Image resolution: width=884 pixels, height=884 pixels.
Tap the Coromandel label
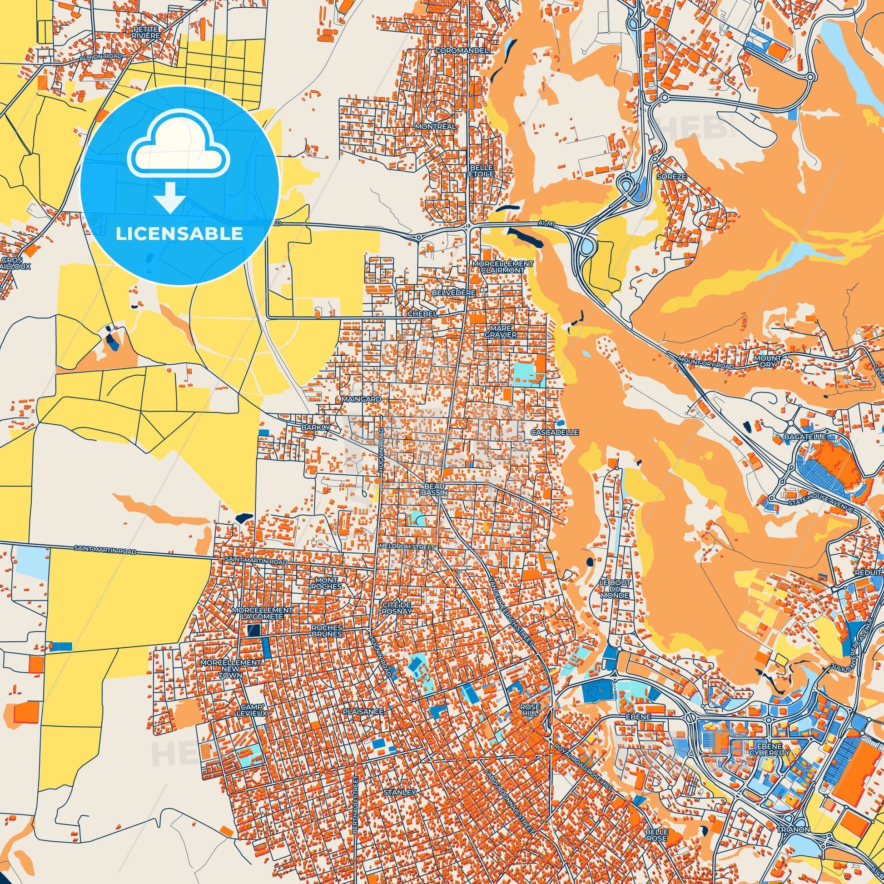point(456,50)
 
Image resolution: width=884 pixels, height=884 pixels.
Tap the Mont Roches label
point(326,582)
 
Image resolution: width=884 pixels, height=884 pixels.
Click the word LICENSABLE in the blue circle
point(179,234)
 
